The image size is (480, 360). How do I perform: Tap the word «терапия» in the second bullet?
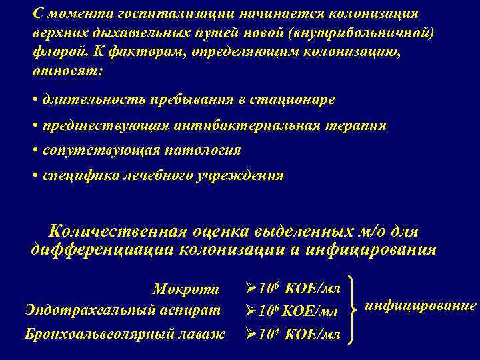[360, 125]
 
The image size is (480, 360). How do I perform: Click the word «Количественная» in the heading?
[121, 231]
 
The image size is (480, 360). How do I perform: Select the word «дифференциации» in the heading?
[101, 250]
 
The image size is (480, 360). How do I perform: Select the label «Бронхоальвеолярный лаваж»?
[125, 333]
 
